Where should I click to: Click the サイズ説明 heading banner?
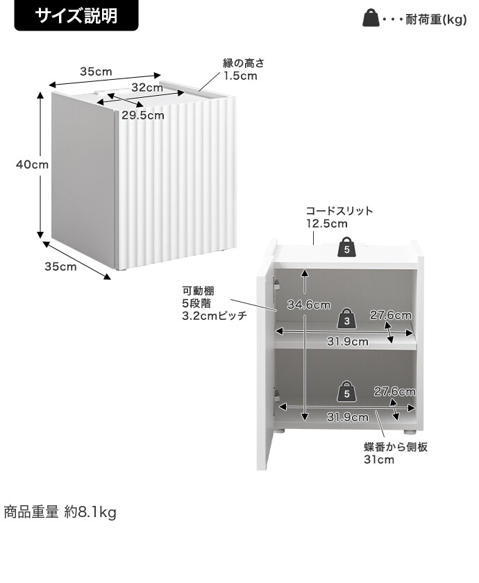point(76,15)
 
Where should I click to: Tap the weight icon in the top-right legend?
point(371,18)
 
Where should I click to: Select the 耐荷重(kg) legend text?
point(436,19)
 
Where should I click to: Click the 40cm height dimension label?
point(33,164)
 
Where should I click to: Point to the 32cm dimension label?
point(147,87)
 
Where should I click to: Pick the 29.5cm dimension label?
point(143,115)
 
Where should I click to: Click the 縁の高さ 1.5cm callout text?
point(244,69)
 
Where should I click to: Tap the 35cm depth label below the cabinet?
point(60,267)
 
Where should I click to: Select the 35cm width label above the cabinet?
point(96,71)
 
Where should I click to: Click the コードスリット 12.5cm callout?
point(339,217)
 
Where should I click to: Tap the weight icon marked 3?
point(346,318)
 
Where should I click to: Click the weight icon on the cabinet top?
point(346,247)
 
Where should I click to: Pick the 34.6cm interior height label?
point(309,305)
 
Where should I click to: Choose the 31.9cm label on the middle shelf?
point(347,341)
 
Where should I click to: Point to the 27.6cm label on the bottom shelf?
point(394,391)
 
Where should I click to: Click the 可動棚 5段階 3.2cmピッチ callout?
point(215,303)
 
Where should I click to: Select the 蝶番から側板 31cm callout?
point(396,453)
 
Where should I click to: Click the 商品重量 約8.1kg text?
point(60,512)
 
